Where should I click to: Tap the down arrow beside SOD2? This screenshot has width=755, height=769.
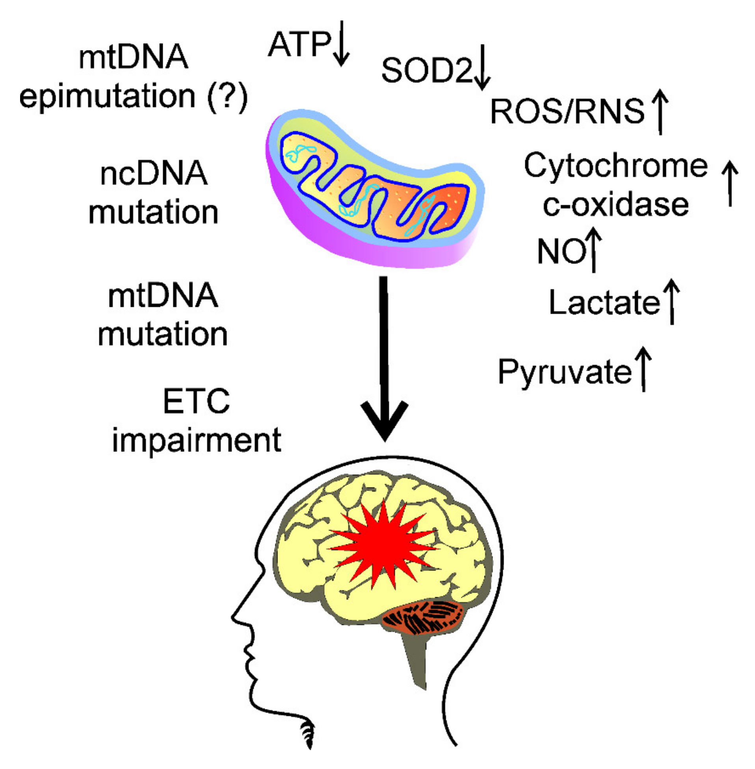[x=482, y=67]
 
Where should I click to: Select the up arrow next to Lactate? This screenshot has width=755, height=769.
[x=672, y=302]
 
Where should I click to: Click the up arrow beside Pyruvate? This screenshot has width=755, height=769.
[x=643, y=369]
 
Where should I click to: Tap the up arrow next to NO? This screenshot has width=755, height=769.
[x=593, y=250]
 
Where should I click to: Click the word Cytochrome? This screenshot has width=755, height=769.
[x=616, y=166]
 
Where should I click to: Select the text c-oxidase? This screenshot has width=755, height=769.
[x=616, y=205]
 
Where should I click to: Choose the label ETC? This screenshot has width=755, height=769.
[x=196, y=401]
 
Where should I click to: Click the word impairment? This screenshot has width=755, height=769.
[x=196, y=440]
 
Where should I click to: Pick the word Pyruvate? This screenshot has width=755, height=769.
[x=565, y=372]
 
